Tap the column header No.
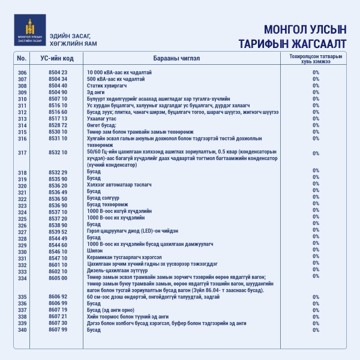point(22,58)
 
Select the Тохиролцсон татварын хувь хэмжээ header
point(316,58)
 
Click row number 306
point(23,72)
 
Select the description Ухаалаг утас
point(103,119)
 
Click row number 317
point(23,153)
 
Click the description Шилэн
point(94,251)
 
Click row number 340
point(23,329)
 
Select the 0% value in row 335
point(316,296)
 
